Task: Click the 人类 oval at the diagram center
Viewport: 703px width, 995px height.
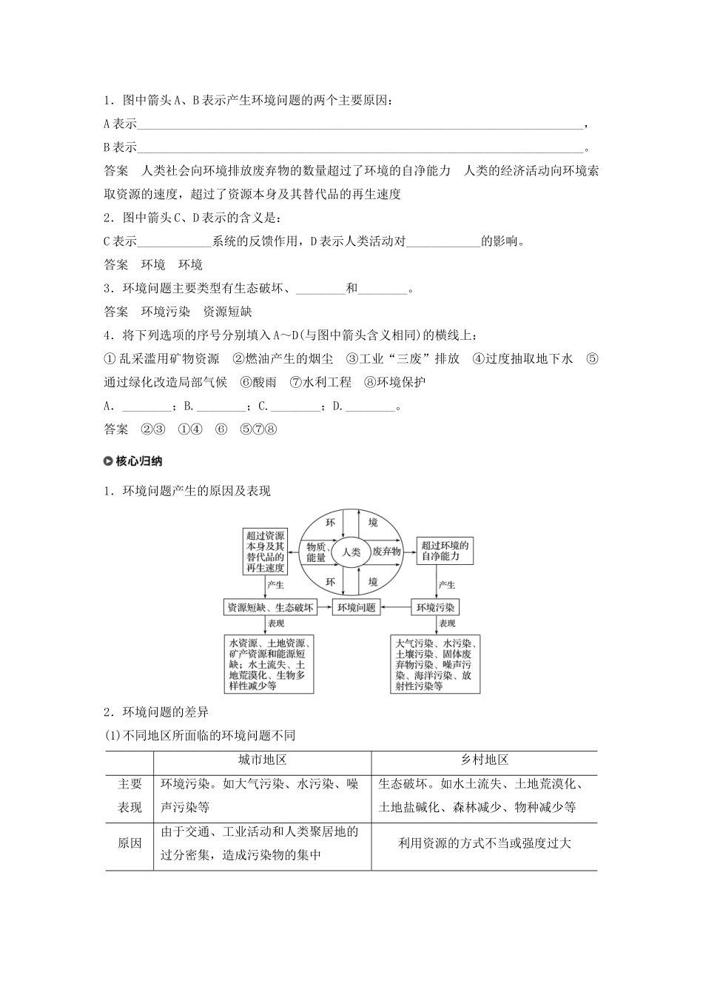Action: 351,552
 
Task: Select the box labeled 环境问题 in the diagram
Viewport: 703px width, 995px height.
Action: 357,607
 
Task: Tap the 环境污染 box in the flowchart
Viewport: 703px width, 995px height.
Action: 436,607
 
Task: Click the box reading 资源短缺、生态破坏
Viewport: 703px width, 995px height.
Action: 270,607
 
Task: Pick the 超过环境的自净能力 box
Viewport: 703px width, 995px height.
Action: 445,551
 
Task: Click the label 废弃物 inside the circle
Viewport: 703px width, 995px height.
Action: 386,552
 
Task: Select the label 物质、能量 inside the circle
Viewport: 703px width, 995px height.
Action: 316,552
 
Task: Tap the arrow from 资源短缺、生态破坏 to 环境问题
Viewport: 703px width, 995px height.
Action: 325,607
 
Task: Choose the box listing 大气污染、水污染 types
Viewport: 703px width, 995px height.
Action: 436,664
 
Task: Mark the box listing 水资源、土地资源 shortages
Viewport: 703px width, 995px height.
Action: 269,664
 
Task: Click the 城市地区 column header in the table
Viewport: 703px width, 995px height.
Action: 262,760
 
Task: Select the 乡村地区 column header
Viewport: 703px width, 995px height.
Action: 485,760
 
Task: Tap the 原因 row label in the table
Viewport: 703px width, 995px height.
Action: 129,843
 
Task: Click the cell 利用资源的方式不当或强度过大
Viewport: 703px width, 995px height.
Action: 485,843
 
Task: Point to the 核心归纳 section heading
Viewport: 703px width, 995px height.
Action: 139,461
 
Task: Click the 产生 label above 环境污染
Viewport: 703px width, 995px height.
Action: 447,585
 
